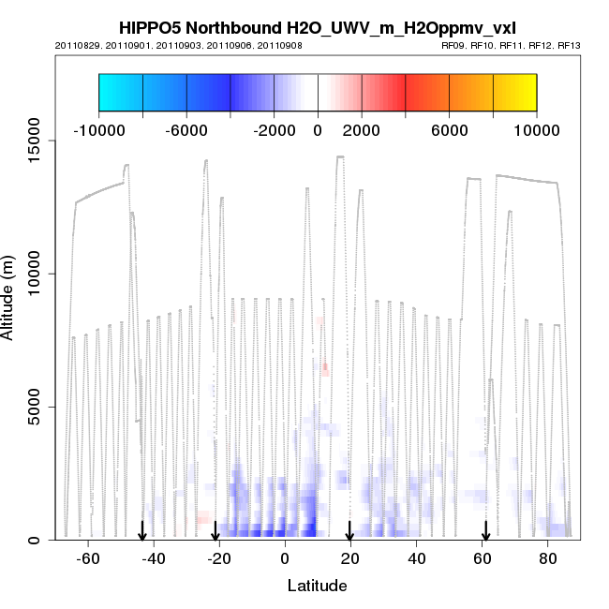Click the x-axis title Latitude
click(317, 586)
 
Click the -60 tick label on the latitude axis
click(88, 558)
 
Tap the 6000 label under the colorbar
click(449, 129)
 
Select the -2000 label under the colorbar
click(274, 129)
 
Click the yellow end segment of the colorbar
click(514, 92)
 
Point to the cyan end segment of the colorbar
click(120, 92)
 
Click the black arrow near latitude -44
click(141, 531)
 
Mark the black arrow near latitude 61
click(485, 531)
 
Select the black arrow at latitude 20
click(349, 531)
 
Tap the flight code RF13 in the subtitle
click(569, 45)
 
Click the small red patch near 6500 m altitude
click(325, 369)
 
